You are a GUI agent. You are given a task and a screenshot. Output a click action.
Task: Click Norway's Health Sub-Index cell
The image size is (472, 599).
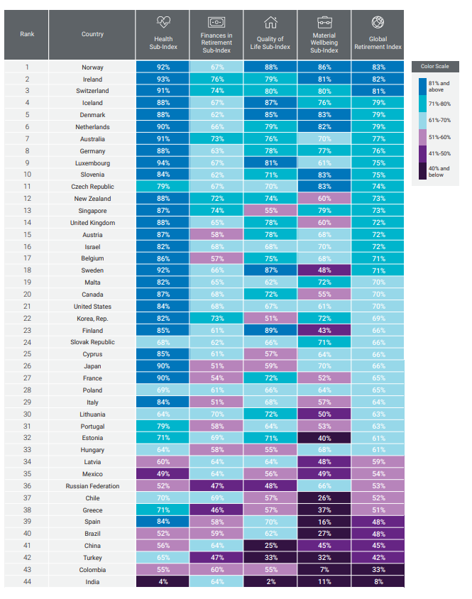pyautogui.click(x=163, y=67)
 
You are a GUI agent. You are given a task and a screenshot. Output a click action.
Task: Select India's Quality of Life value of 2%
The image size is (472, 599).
pyautogui.click(x=270, y=582)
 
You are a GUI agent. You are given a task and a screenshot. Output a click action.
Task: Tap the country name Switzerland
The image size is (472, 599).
pyautogui.click(x=92, y=92)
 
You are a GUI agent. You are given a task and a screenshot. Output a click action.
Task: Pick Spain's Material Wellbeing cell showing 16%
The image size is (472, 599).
pyautogui.click(x=324, y=522)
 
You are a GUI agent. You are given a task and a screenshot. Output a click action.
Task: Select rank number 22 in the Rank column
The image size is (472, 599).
pyautogui.click(x=27, y=319)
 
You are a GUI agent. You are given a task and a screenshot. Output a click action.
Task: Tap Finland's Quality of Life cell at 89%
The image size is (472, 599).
pyautogui.click(x=270, y=331)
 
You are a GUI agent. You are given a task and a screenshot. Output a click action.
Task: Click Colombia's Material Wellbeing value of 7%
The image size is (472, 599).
pyautogui.click(x=324, y=570)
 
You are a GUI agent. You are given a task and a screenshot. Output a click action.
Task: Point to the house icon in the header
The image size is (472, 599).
pyautogui.click(x=270, y=23)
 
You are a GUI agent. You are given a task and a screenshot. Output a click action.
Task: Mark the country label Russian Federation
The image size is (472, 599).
pyautogui.click(x=92, y=486)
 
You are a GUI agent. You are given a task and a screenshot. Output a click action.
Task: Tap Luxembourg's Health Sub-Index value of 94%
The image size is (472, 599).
pyautogui.click(x=163, y=163)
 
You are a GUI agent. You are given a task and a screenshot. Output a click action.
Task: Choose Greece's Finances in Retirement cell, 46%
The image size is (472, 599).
pyautogui.click(x=217, y=510)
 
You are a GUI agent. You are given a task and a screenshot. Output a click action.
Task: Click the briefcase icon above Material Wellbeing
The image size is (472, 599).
pyautogui.click(x=324, y=23)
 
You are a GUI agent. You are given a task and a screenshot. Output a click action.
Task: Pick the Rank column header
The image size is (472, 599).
pyautogui.click(x=27, y=34)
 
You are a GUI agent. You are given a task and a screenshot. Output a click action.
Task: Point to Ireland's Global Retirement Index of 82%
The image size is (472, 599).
pyautogui.click(x=379, y=79)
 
